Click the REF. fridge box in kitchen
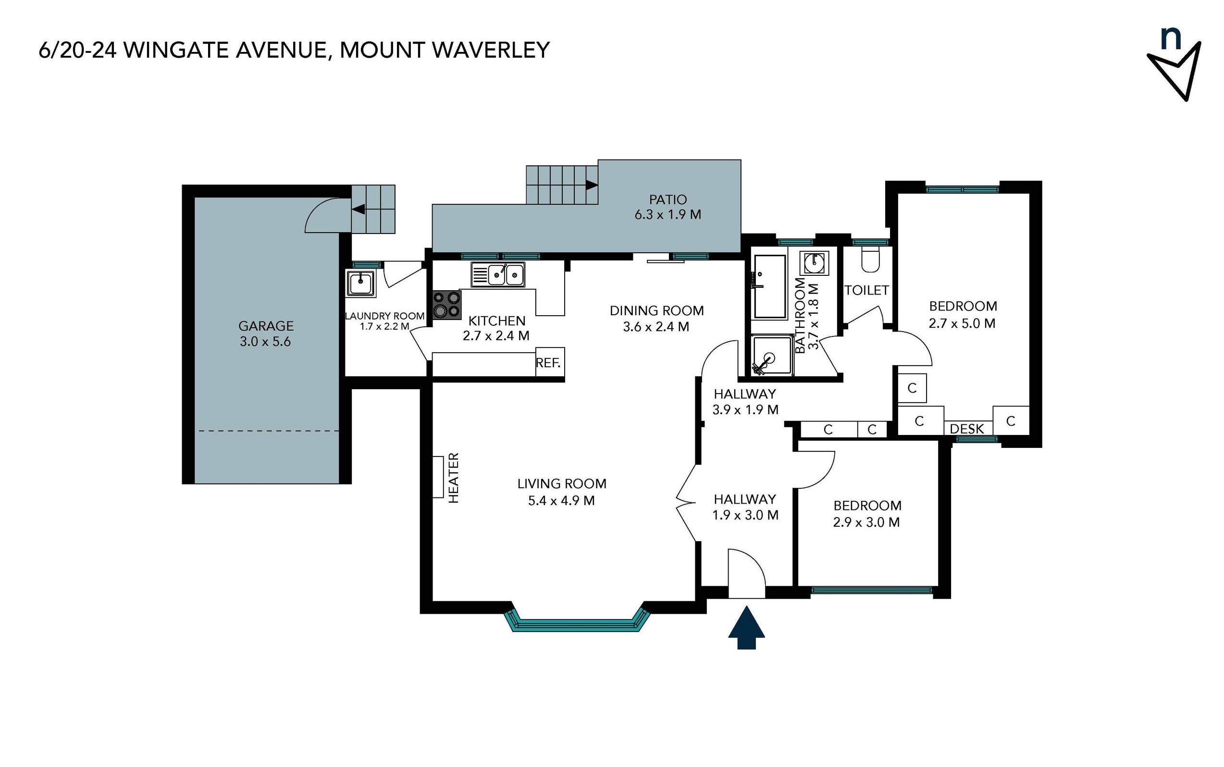549,362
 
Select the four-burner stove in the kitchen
446,305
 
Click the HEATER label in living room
454,477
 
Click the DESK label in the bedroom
966,429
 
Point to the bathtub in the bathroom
769,287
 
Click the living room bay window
577,623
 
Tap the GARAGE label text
266,325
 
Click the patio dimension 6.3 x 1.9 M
668,214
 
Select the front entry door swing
746,574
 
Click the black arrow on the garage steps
359,209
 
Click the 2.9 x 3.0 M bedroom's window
871,590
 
